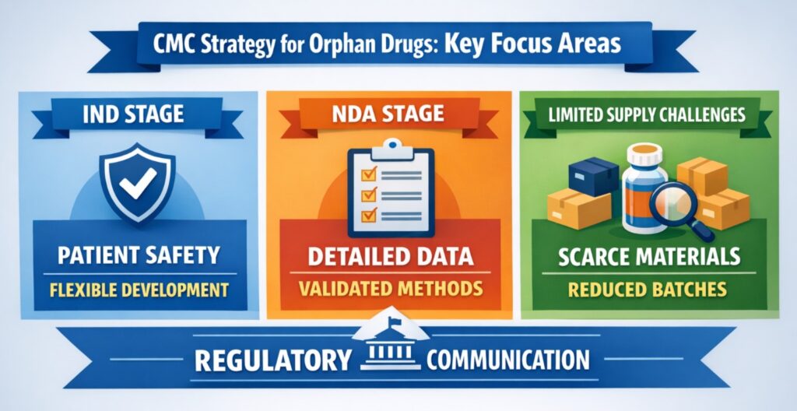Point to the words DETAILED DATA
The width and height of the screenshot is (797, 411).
389,255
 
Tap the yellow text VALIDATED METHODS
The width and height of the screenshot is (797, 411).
388,290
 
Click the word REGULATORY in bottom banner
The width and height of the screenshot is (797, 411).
271,361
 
